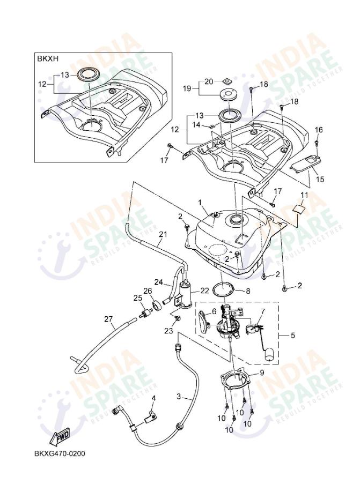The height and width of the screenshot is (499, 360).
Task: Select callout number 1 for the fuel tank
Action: pyautogui.click(x=200, y=203)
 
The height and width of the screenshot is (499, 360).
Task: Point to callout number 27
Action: pyautogui.click(x=109, y=319)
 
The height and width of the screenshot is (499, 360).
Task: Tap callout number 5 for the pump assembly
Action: pyautogui.click(x=292, y=336)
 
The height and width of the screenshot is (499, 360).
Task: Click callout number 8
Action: pyautogui.click(x=247, y=291)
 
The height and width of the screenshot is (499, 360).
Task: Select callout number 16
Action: pyautogui.click(x=319, y=130)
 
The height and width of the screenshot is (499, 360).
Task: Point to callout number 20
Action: pyautogui.click(x=209, y=81)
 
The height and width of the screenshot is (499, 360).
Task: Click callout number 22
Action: pyautogui.click(x=204, y=291)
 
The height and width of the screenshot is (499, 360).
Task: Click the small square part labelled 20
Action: pyautogui.click(x=227, y=81)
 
